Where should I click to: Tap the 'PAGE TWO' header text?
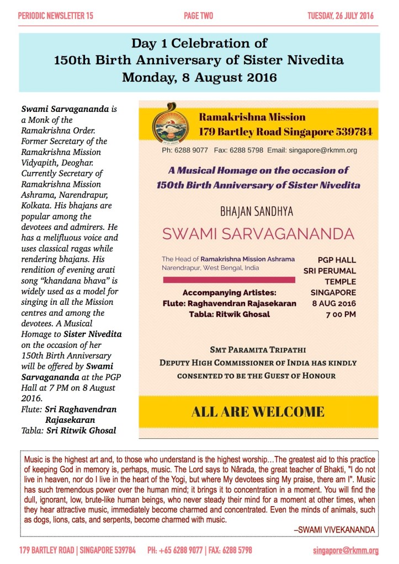tap(199, 16)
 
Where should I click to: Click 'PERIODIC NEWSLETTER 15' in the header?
tap(56, 16)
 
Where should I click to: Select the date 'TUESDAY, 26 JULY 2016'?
tap(340, 16)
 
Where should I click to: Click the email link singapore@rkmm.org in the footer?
tap(345, 550)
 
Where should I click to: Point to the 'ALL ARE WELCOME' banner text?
tap(258, 411)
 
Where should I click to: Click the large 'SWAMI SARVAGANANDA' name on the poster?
tap(258, 233)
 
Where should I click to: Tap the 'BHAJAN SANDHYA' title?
tap(257, 211)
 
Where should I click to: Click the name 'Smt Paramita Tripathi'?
tap(258, 350)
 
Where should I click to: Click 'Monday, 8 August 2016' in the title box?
tap(199, 77)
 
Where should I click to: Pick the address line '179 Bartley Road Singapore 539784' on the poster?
tap(285, 132)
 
